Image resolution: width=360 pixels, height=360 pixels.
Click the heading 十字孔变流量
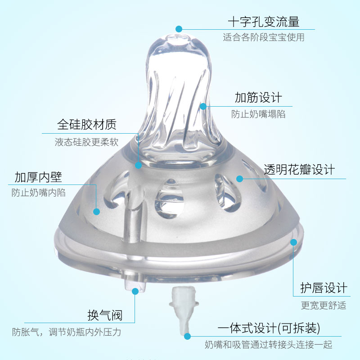click(263, 22)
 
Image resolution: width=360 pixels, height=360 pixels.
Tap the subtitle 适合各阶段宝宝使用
click(263, 37)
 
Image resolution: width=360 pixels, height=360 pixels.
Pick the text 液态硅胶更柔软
click(86, 142)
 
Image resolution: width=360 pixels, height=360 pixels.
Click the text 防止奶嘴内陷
click(39, 193)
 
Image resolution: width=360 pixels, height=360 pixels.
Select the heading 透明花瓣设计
click(299, 170)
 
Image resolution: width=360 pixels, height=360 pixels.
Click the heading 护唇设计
click(324, 288)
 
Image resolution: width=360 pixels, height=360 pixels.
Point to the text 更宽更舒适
click(324, 305)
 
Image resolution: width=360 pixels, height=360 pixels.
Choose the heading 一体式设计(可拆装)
click(269, 327)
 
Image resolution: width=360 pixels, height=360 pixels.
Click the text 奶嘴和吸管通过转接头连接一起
click(269, 345)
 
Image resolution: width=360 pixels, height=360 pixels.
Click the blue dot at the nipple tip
click(179, 29)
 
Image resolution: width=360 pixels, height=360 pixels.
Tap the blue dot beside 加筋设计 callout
click(203, 106)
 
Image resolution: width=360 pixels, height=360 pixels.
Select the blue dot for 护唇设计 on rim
click(293, 242)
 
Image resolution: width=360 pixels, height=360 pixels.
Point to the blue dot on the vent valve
click(135, 291)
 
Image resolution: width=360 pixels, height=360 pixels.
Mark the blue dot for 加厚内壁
click(96, 211)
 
